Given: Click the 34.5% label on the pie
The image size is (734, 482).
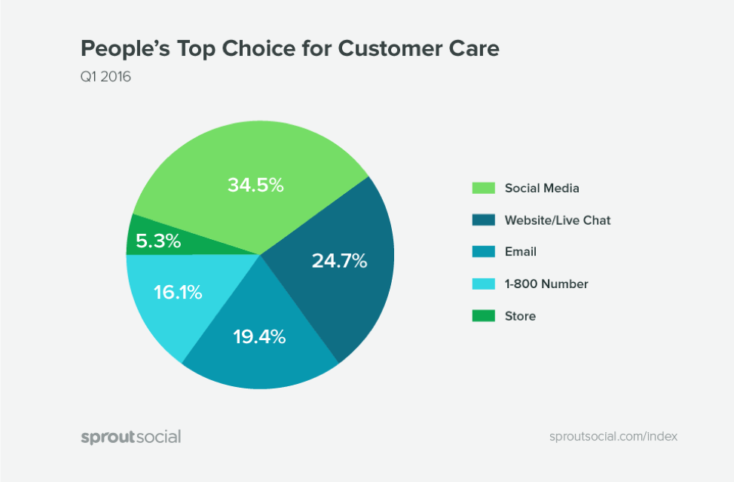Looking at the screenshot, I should [x=255, y=185].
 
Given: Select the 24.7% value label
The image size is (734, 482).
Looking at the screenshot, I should [x=339, y=261].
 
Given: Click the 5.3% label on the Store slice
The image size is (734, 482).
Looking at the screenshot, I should [x=158, y=241].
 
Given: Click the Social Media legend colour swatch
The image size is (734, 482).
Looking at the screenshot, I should [x=483, y=189].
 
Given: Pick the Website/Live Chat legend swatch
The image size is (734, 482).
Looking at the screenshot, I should [x=483, y=220].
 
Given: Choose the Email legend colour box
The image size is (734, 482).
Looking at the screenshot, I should [x=483, y=252].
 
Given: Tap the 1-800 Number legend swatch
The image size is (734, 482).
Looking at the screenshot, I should [x=483, y=284].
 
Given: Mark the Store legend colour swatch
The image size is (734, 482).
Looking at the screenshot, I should [x=483, y=316].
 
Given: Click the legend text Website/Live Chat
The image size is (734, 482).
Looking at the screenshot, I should [x=558, y=220].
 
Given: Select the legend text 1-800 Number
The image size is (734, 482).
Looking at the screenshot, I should [x=546, y=284].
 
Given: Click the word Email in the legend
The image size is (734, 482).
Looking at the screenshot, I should [x=521, y=252].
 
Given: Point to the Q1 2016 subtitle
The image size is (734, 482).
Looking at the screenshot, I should [x=106, y=76].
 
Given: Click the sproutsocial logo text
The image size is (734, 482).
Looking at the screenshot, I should [x=131, y=437].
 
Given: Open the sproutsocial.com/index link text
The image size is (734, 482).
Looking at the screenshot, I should [x=614, y=437].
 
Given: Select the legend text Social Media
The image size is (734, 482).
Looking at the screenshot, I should [x=542, y=189].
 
